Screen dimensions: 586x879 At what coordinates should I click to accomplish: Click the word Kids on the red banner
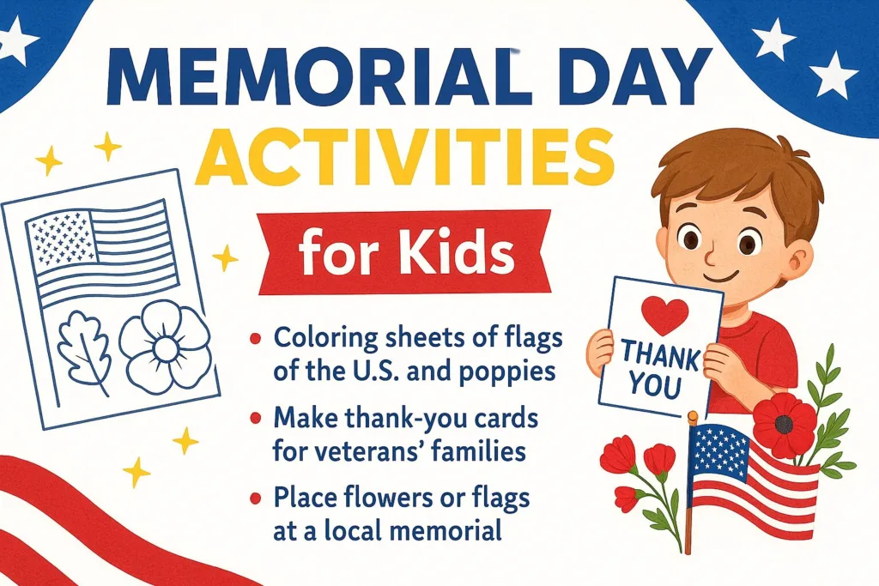[x=458, y=255]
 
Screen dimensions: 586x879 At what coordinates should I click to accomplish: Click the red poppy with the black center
[x=784, y=424]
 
